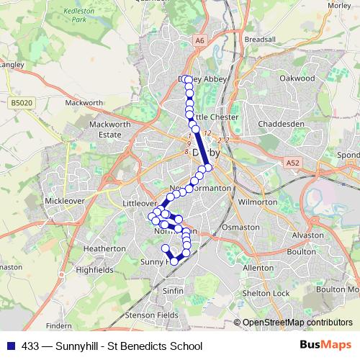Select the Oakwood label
(297, 77)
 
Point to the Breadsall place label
(260, 39)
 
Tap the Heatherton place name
(104, 248)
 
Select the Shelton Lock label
(266, 293)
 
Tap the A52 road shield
(292, 164)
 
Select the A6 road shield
(199, 41)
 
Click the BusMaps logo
(325, 345)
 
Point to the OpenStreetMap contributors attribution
(297, 323)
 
